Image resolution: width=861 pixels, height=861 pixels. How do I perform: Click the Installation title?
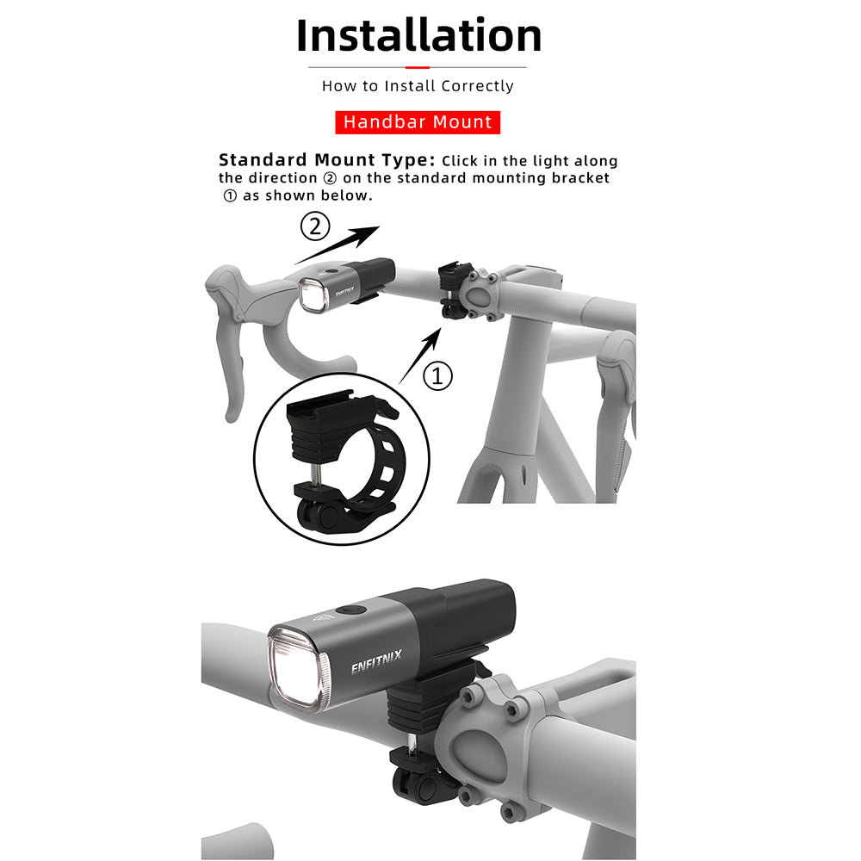(x=418, y=36)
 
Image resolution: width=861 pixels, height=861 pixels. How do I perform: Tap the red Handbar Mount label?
(x=418, y=122)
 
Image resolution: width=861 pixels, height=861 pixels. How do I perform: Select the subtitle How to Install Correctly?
(x=418, y=86)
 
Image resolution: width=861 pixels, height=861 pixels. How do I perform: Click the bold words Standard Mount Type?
(x=326, y=160)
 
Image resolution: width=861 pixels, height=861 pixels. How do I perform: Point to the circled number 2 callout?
(x=314, y=227)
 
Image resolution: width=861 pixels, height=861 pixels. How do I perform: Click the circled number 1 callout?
(x=439, y=376)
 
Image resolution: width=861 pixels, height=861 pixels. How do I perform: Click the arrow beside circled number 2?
(x=338, y=244)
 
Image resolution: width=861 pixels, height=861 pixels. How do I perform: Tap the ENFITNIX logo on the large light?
(x=376, y=666)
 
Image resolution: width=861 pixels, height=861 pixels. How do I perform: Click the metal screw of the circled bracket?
(x=316, y=472)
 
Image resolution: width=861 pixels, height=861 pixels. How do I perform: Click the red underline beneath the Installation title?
(x=418, y=67)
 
